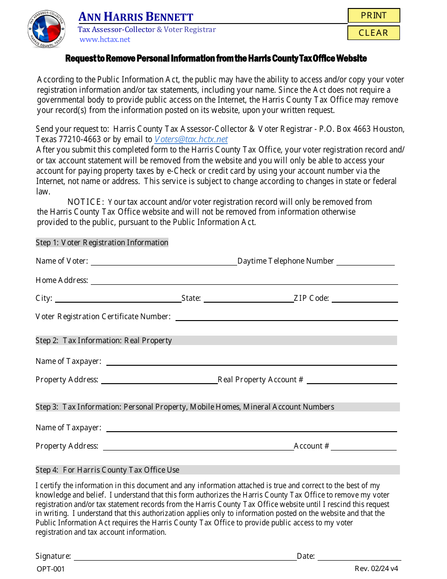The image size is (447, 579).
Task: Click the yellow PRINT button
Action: point(374,16)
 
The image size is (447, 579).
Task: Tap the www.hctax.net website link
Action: point(105,40)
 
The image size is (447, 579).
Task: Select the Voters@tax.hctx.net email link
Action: point(191,139)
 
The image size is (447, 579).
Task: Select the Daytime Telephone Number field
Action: point(365,261)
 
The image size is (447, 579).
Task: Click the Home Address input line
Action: point(244,280)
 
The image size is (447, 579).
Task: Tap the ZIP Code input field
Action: point(364,298)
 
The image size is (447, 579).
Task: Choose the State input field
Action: point(248,298)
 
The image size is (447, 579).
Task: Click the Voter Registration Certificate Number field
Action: point(286,316)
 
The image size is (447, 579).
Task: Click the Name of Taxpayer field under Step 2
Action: point(251,361)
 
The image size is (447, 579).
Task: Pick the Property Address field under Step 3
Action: point(198,446)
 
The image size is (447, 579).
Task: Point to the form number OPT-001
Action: point(51,569)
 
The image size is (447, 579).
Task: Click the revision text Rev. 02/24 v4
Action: point(376,569)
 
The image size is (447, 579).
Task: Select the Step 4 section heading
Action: point(107,470)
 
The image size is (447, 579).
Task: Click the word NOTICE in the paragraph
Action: point(86,202)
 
